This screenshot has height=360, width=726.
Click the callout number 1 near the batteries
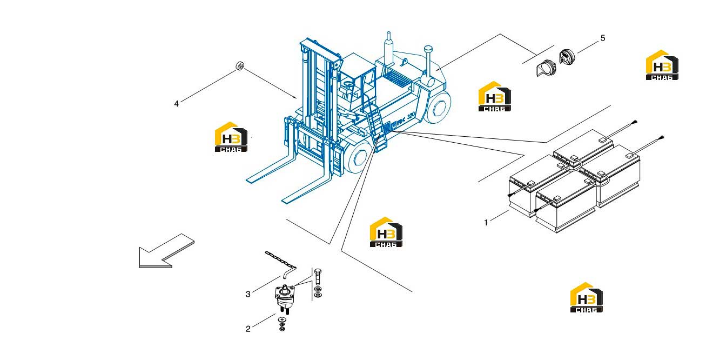[x=486, y=223]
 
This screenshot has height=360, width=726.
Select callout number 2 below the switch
[x=248, y=329]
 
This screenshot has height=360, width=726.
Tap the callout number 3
[x=248, y=294]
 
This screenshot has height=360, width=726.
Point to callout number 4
[x=176, y=104]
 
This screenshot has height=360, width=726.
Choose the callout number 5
[x=603, y=38]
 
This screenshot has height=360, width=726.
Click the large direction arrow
[x=166, y=251]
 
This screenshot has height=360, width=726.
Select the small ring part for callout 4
[x=240, y=65]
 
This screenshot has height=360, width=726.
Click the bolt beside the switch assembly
[x=318, y=277]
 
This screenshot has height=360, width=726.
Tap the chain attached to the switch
[x=281, y=263]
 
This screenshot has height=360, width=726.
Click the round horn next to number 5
[x=567, y=57]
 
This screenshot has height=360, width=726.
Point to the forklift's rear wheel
[x=438, y=107]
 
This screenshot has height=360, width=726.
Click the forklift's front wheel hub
[x=360, y=157]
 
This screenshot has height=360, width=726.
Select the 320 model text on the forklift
[x=411, y=116]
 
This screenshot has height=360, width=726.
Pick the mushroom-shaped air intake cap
[x=428, y=49]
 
